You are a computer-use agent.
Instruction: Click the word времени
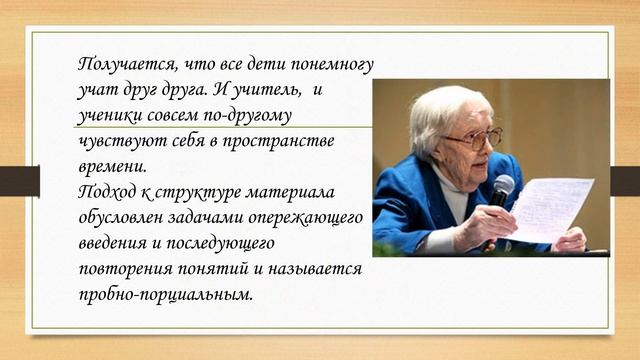tap(110, 166)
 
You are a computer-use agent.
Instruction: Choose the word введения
tap(114, 243)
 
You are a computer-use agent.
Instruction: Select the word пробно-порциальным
tap(165, 295)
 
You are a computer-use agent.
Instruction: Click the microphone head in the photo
tap(502, 185)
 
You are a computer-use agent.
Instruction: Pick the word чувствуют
tap(117, 141)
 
